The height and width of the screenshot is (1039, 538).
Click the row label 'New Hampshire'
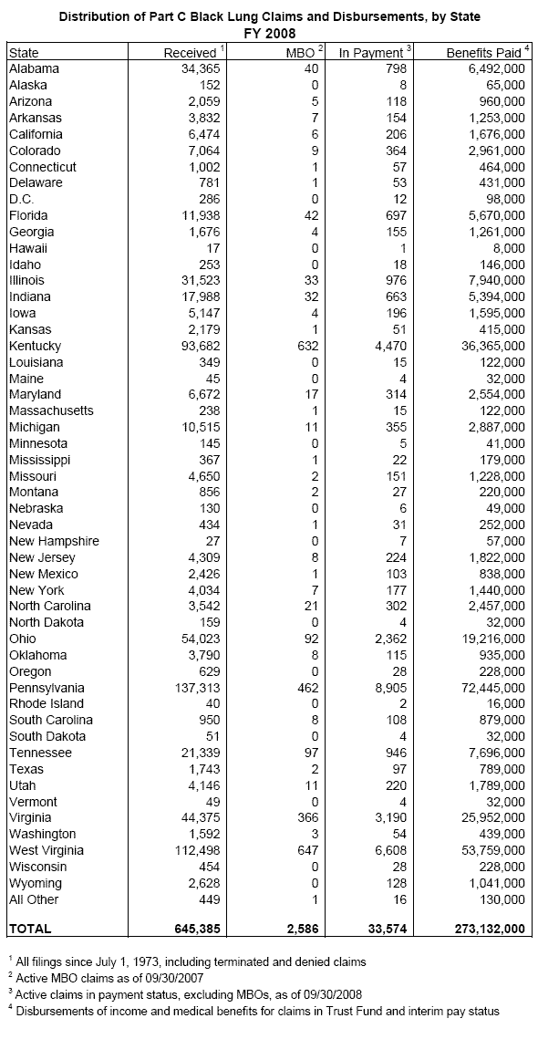click(54, 542)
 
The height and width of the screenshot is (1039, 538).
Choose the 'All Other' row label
click(34, 899)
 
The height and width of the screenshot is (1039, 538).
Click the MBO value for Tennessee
click(310, 753)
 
